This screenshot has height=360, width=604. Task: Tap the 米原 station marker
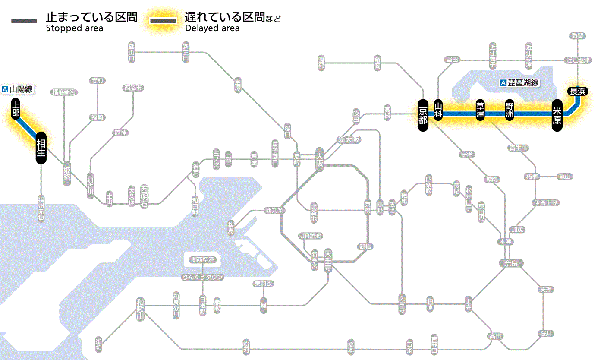tap(557, 114)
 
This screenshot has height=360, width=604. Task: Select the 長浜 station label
tap(577, 91)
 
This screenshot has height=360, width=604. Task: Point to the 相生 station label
tap(41, 148)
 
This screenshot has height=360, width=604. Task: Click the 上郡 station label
tap(16, 109)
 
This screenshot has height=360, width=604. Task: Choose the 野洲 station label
tap(510, 110)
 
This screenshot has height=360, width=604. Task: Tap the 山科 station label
tap(438, 110)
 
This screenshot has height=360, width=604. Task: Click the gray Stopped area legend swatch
tap(25, 21)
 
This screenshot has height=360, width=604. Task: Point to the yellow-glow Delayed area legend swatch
tap(163, 21)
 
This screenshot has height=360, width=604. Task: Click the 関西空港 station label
tap(202, 260)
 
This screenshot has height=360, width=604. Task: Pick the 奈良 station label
tap(510, 263)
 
